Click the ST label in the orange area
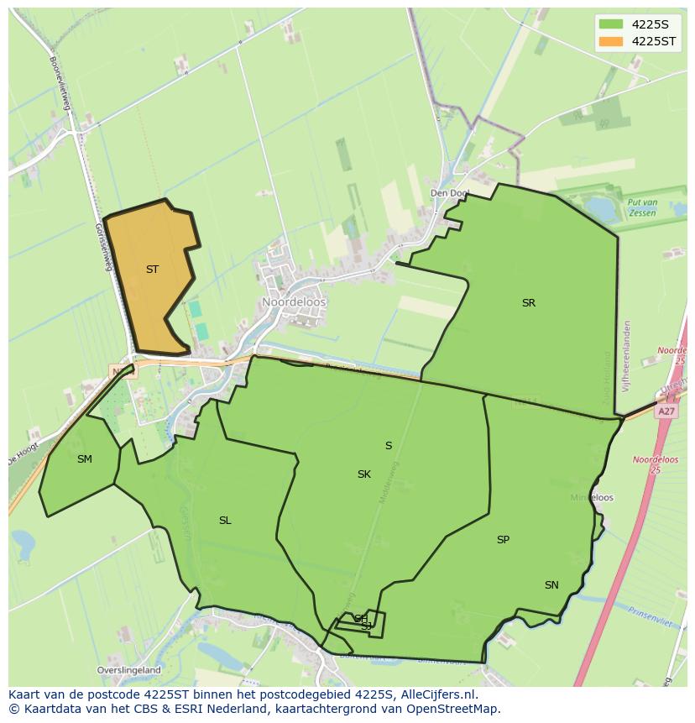click(x=152, y=270)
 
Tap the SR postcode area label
click(x=528, y=303)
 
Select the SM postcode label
click(x=84, y=459)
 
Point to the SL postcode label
click(x=225, y=521)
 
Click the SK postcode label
click(x=363, y=474)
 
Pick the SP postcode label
click(x=503, y=540)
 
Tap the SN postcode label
click(x=551, y=585)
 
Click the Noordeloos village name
click(x=294, y=302)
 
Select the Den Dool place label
click(x=449, y=193)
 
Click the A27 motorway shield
click(x=666, y=411)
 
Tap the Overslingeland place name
click(x=128, y=671)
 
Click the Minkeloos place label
click(x=592, y=498)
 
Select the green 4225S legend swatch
click(x=611, y=24)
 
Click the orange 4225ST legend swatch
click(x=611, y=41)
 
